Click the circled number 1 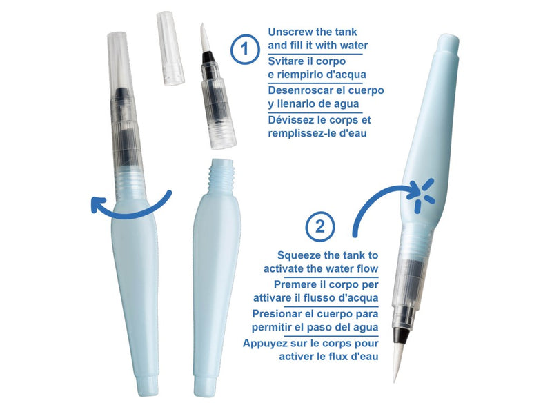coord(245,49)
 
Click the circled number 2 coord(320,227)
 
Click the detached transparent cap coord(170,48)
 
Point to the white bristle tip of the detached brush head coord(204,38)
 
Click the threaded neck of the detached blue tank coord(221,175)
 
